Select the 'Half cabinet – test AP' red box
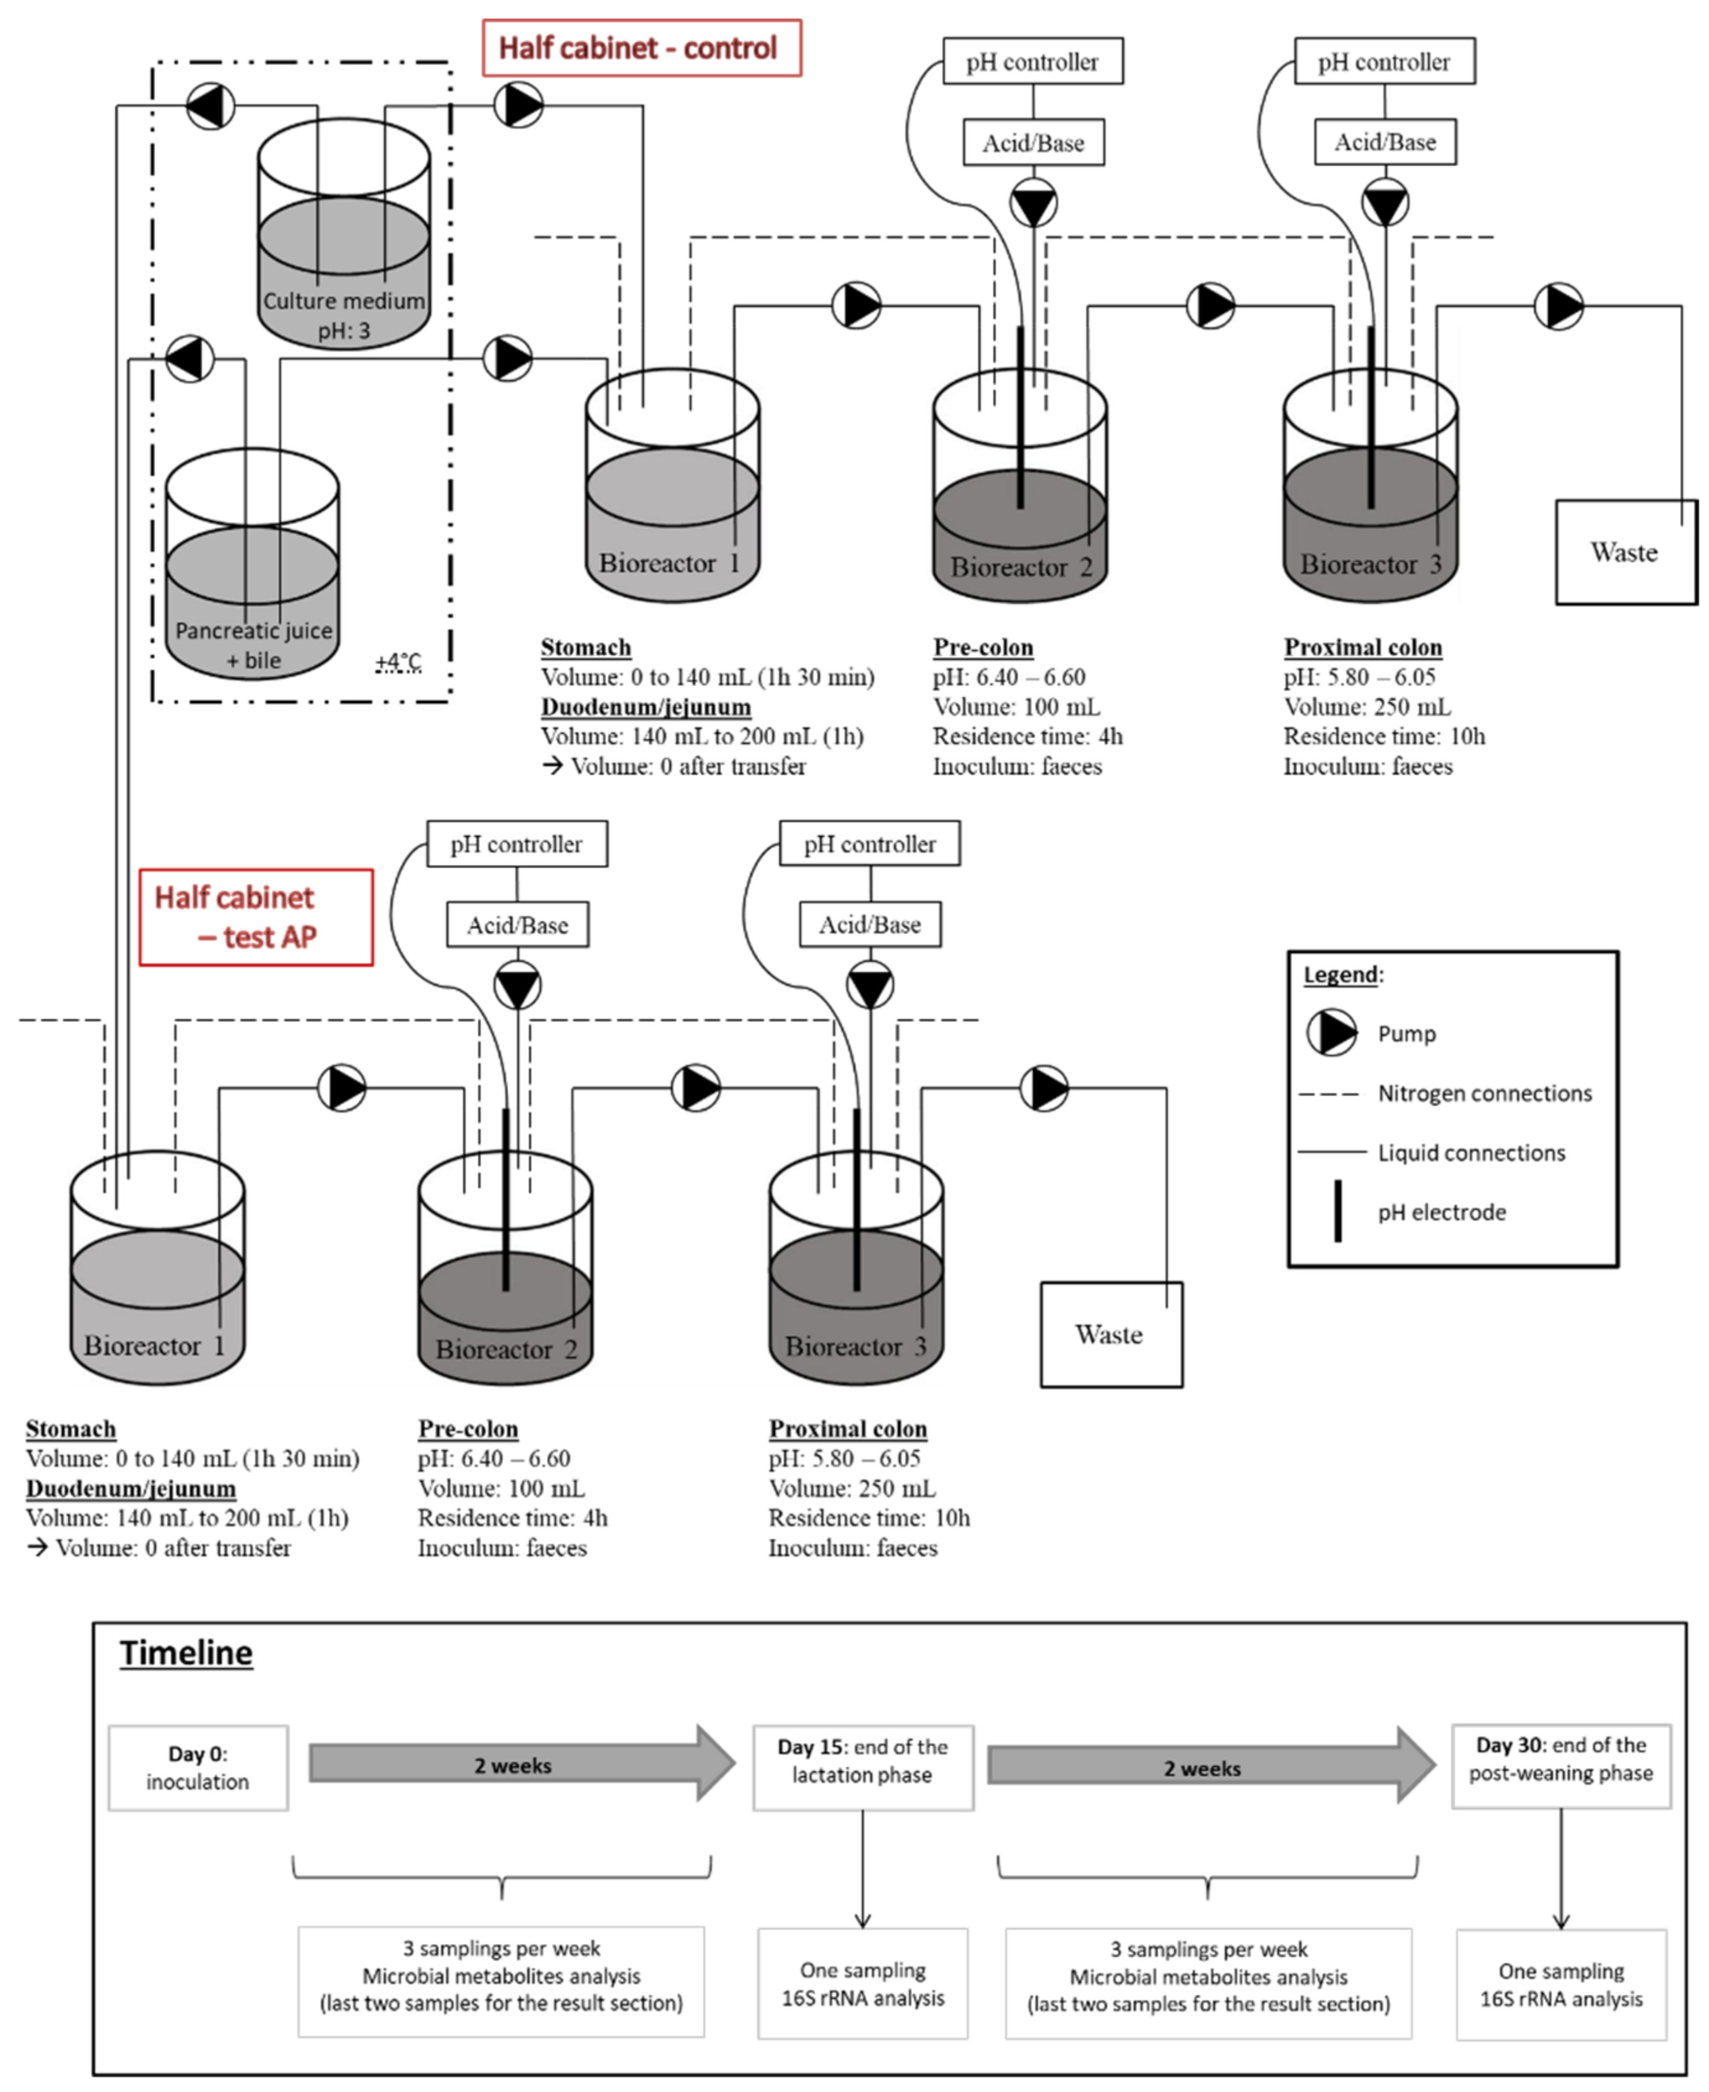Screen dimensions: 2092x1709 (256, 917)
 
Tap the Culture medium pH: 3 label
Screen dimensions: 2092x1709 (344, 315)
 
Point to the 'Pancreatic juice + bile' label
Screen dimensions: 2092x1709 (254, 645)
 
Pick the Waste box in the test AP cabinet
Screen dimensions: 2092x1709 (1110, 1335)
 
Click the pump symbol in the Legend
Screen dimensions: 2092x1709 (1332, 1033)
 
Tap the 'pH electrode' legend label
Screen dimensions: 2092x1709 (1442, 1212)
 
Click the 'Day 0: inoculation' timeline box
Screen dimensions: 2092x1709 (198, 1767)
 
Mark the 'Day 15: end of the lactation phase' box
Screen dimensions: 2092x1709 (863, 1767)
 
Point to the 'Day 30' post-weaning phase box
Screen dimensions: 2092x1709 (1560, 1766)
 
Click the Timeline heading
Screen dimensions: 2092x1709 (186, 1653)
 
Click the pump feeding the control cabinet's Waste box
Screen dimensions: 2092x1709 (1559, 306)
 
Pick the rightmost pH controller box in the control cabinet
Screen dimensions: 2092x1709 (1384, 62)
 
